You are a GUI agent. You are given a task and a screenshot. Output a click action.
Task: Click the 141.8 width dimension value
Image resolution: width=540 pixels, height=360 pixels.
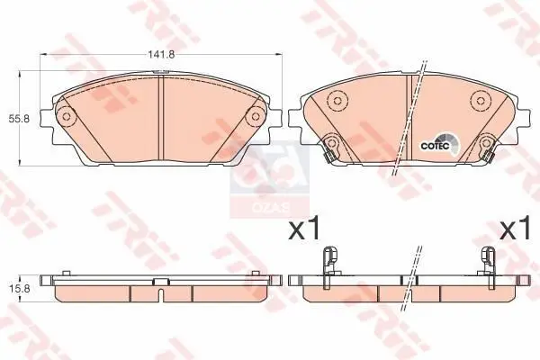pos(161,54)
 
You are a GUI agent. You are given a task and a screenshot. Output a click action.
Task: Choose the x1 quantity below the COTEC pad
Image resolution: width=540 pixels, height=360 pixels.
pos(514,229)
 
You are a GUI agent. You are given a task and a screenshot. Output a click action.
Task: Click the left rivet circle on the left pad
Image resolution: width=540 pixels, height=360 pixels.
pos(64,117)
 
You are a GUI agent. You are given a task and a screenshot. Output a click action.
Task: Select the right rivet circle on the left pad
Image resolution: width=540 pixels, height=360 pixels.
pos(255,117)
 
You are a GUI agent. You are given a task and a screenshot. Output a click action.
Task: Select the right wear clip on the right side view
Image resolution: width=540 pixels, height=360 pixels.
pos(490,259)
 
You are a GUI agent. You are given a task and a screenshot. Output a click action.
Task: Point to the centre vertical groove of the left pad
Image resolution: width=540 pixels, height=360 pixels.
pos(159,117)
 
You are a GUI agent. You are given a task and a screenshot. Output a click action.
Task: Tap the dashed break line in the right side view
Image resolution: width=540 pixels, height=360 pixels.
pos(412,279)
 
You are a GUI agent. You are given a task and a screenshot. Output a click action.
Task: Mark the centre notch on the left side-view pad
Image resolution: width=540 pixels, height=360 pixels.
pos(159,283)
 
